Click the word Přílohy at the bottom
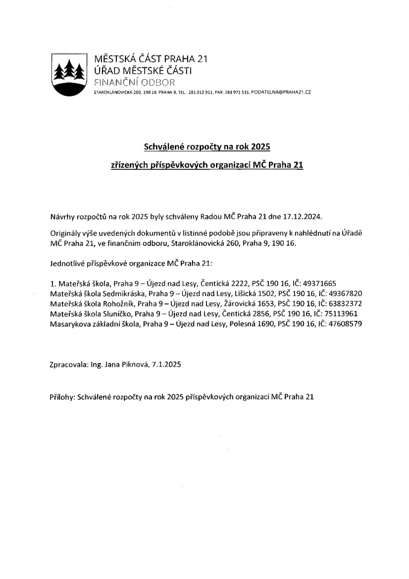click(63, 397)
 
